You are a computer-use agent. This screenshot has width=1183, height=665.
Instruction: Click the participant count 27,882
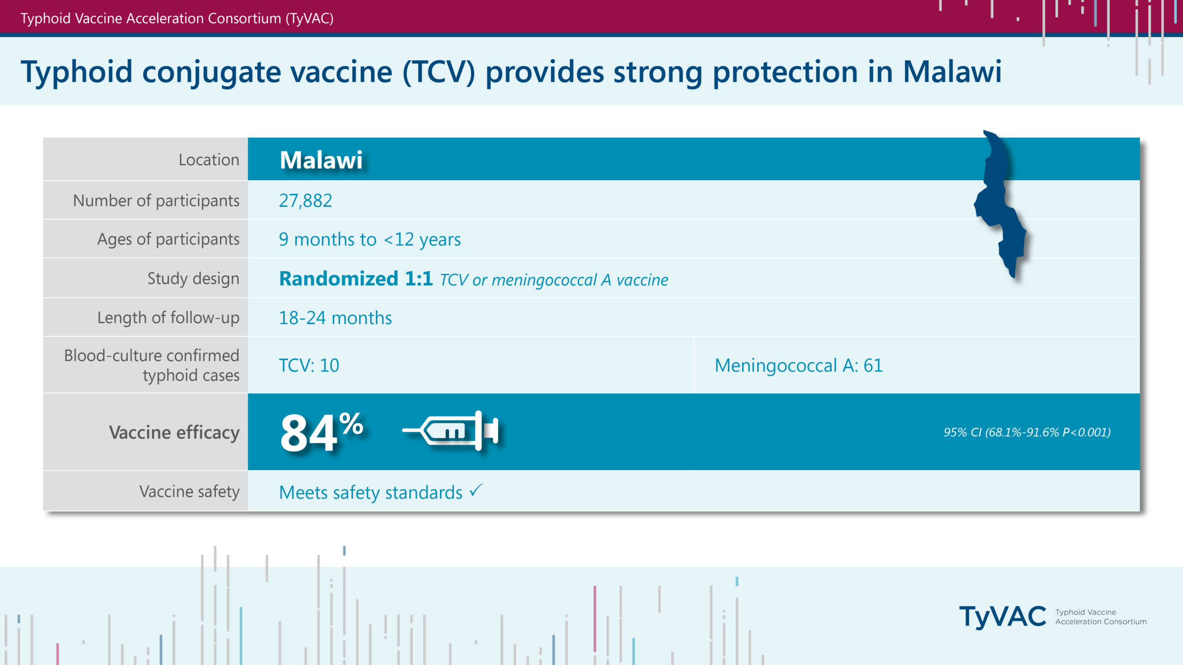click(x=305, y=200)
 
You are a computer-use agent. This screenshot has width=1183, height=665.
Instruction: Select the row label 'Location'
click(x=209, y=160)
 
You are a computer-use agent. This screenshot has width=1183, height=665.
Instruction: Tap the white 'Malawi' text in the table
click(x=321, y=160)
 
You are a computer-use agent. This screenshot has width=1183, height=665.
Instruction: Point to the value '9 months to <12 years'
click(x=370, y=239)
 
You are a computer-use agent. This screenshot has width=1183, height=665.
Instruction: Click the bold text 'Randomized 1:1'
click(x=356, y=278)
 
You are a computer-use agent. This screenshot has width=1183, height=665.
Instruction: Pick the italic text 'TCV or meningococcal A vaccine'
click(x=554, y=280)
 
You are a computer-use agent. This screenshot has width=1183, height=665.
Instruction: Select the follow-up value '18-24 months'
click(x=335, y=318)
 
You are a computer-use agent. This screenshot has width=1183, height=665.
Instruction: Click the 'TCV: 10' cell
click(x=309, y=365)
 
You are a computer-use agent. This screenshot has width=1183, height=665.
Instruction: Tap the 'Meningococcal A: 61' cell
click(x=799, y=365)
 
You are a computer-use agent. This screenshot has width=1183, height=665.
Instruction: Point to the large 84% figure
click(x=322, y=431)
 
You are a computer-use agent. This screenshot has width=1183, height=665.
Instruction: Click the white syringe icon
click(x=451, y=430)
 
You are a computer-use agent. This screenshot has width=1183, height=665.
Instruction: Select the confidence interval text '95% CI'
click(x=963, y=432)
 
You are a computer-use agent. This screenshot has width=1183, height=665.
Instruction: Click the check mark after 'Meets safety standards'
click(x=476, y=490)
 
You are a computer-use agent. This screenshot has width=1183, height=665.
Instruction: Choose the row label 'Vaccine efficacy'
click(x=174, y=432)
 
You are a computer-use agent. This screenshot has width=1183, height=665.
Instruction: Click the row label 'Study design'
click(x=193, y=278)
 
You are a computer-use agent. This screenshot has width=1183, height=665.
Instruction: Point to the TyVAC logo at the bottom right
click(x=1053, y=617)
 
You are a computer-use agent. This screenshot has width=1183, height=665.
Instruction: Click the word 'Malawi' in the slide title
click(x=952, y=72)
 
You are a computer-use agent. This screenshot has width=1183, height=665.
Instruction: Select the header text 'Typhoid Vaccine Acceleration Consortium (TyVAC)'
click(x=177, y=18)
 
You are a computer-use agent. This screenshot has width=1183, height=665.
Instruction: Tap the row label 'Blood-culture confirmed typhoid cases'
click(x=152, y=365)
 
